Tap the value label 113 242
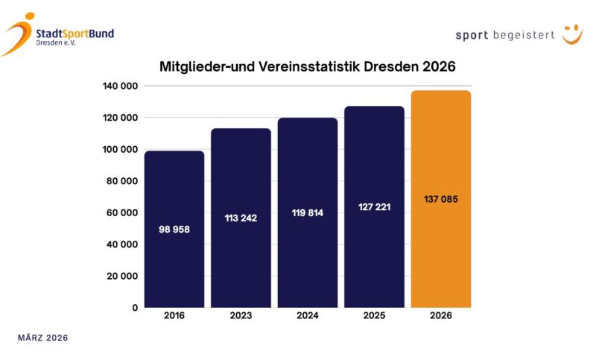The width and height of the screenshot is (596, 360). [x=241, y=218]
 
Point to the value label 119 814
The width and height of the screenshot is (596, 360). [x=307, y=212]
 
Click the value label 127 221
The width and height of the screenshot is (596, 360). [x=374, y=206]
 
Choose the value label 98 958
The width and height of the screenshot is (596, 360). [x=174, y=229]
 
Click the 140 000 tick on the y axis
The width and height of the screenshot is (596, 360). [x=120, y=86]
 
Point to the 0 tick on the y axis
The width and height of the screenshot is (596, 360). [x=134, y=307]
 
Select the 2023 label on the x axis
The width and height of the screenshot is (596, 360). [x=241, y=316]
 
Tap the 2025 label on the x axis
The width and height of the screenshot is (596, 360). [x=374, y=316]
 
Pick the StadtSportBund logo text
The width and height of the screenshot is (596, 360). [x=74, y=34]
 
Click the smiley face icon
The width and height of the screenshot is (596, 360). [x=571, y=34]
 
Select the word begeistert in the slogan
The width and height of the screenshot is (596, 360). [x=524, y=35]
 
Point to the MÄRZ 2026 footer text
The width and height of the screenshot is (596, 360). [x=43, y=338]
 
